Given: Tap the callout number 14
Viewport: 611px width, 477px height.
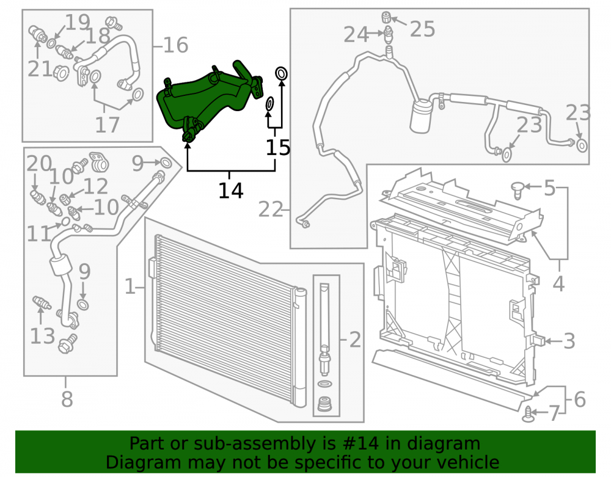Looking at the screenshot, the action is pyautogui.click(x=231, y=191).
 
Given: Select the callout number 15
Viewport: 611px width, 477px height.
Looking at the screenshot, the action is pyautogui.click(x=278, y=148).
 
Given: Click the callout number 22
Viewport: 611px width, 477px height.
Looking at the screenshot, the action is pyautogui.click(x=271, y=210).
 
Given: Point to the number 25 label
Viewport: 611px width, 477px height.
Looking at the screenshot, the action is pyautogui.click(x=422, y=29).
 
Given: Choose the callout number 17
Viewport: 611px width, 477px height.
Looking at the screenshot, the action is pyautogui.click(x=107, y=125).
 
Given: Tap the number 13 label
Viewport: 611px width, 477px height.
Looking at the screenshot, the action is pyautogui.click(x=43, y=336).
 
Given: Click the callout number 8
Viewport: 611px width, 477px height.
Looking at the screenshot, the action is pyautogui.click(x=67, y=399).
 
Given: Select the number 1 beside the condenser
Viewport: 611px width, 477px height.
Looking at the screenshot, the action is pyautogui.click(x=130, y=286).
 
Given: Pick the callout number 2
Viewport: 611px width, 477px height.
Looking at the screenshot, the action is pyautogui.click(x=355, y=340).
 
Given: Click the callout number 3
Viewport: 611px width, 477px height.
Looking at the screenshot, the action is pyautogui.click(x=569, y=341).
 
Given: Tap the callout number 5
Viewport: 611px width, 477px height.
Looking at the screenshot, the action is pyautogui.click(x=549, y=188).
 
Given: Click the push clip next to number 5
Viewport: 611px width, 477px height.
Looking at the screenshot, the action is pyautogui.click(x=517, y=190).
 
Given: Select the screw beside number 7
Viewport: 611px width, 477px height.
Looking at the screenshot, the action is pyautogui.click(x=528, y=413).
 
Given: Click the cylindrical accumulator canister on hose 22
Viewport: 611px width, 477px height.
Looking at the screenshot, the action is pyautogui.click(x=421, y=115).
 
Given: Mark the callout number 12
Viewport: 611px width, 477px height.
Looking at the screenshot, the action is pyautogui.click(x=96, y=186).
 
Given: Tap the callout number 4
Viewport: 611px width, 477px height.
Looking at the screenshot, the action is pyautogui.click(x=558, y=283).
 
